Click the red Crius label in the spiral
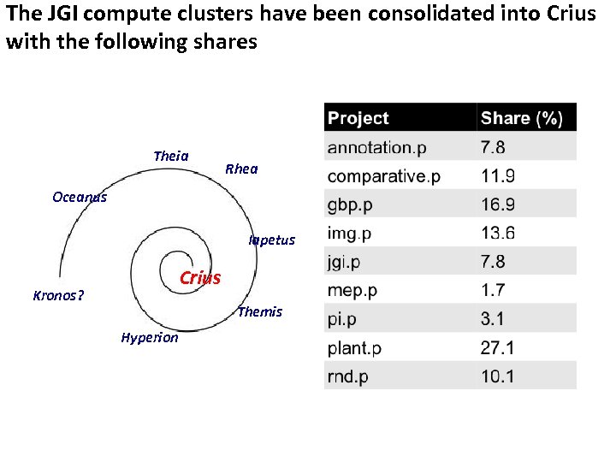tap(199, 278)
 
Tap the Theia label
tap(170, 156)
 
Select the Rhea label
tap(240, 169)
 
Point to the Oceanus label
tap(80, 197)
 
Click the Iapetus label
tap(271, 240)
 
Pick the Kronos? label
tap(58, 296)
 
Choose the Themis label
tap(259, 311)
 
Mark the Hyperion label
tap(150, 337)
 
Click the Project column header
tap(358, 118)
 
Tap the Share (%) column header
tap(522, 118)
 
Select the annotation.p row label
tap(376, 147)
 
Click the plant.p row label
tap(354, 347)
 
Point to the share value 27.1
tap(498, 347)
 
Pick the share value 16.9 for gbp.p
tap(498, 204)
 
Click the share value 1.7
tap(493, 290)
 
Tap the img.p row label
tap(349, 233)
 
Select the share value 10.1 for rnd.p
tap(498, 376)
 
